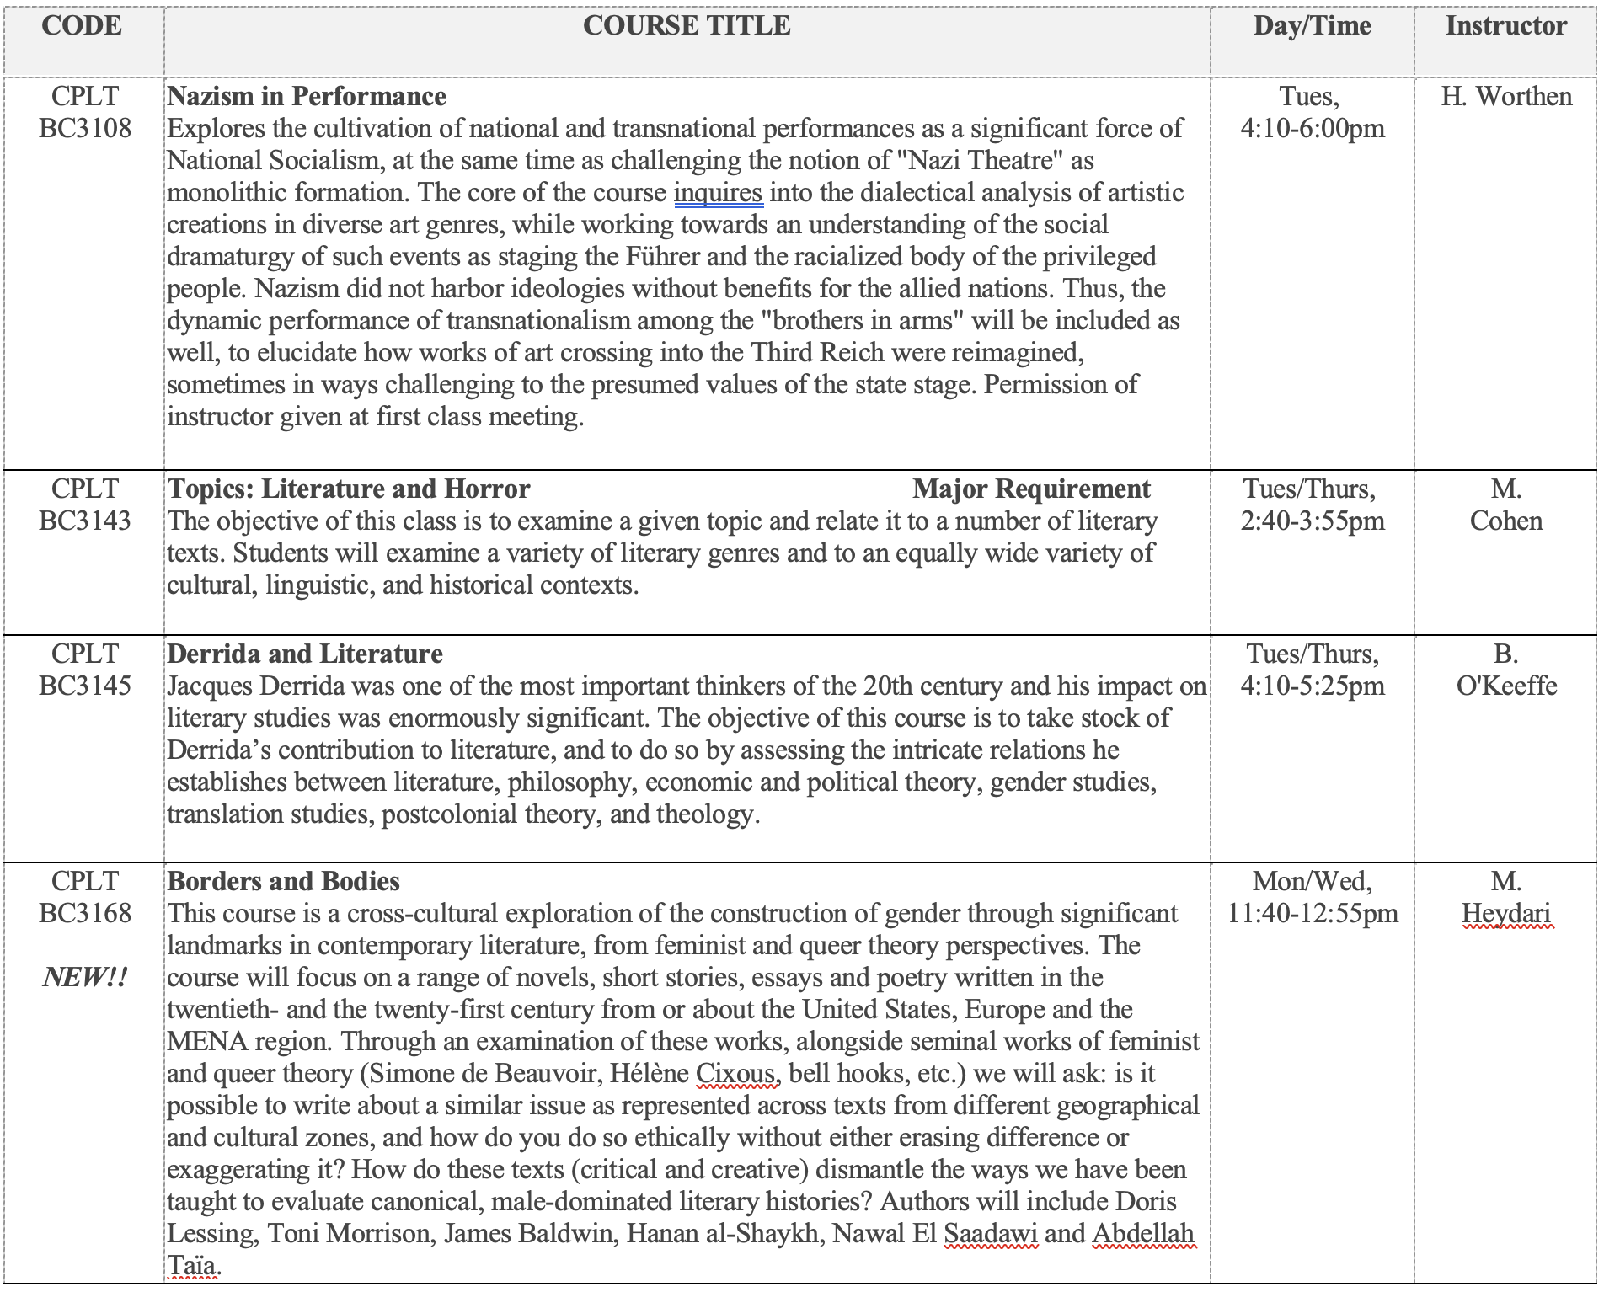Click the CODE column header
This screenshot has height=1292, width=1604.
coord(82,26)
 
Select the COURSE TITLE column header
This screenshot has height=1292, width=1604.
coord(687,26)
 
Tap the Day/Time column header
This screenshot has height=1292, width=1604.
coord(1312,26)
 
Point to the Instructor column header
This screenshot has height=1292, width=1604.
coord(1506,26)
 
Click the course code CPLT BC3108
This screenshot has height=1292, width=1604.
coord(85,112)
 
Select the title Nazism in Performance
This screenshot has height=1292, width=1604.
coord(307,97)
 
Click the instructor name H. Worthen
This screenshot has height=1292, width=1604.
coord(1506,97)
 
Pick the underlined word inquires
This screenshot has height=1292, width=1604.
coord(718,193)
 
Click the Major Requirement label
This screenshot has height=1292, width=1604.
coord(1031,489)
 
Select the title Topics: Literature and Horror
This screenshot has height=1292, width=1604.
coord(349,489)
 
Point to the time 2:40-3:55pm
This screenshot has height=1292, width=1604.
coord(1312,521)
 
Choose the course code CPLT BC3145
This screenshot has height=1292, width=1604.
coord(85,670)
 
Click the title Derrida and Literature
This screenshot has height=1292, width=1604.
coord(305,654)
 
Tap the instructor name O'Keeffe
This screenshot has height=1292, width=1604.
coord(1506,686)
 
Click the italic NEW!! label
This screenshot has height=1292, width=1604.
coord(85,978)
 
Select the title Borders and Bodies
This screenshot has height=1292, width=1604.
coord(284,882)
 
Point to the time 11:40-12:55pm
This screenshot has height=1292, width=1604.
coord(1312,914)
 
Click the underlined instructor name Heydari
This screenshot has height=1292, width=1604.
coord(1506,914)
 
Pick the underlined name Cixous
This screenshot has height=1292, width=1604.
coord(735,1074)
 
